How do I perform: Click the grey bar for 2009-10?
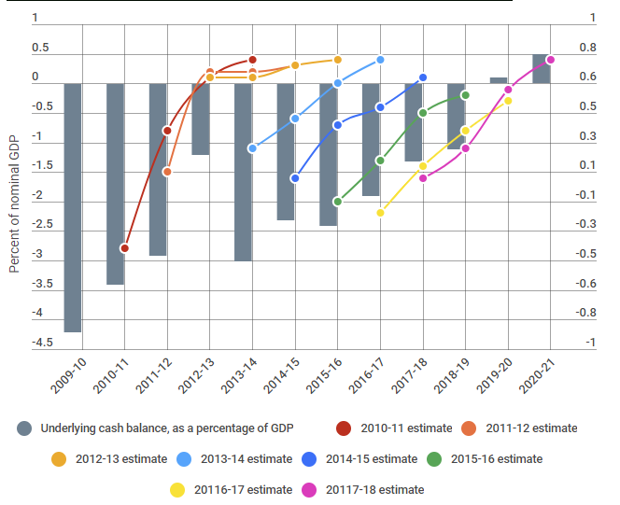click(x=73, y=207)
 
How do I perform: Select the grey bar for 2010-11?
click(x=115, y=184)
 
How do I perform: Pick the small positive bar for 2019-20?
click(x=499, y=80)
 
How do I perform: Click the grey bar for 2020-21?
click(x=541, y=69)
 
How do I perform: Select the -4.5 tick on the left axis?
click(x=42, y=344)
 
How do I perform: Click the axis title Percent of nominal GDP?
click(x=14, y=202)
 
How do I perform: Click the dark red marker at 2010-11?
click(x=124, y=248)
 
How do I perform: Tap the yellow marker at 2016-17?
click(x=381, y=213)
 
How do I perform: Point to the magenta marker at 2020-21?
click(x=551, y=60)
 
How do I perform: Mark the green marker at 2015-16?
click(x=338, y=201)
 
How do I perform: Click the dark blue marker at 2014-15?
click(x=295, y=177)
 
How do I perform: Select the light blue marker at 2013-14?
click(x=252, y=148)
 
